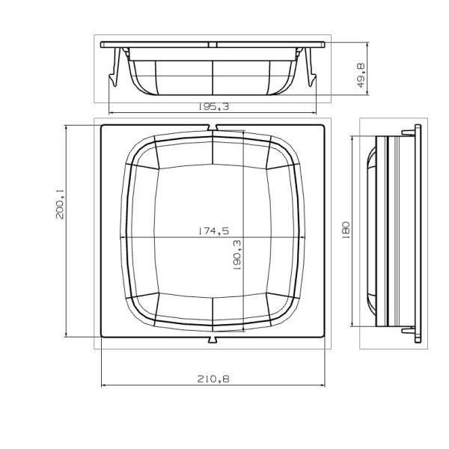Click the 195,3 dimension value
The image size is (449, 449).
pos(213,107)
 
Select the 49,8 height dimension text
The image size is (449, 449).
pos(361,76)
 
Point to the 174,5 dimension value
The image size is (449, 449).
pos(213,231)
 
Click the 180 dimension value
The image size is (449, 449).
pos(346,230)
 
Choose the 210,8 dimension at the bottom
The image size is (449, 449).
pos(213,379)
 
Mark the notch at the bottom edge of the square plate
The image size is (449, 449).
pos(213,340)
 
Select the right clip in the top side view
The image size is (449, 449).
pos(309,67)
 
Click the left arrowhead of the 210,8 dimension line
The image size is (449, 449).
pos(103,386)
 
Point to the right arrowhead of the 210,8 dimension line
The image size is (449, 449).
pos(324,386)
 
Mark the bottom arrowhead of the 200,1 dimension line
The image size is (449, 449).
pos(67,337)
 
